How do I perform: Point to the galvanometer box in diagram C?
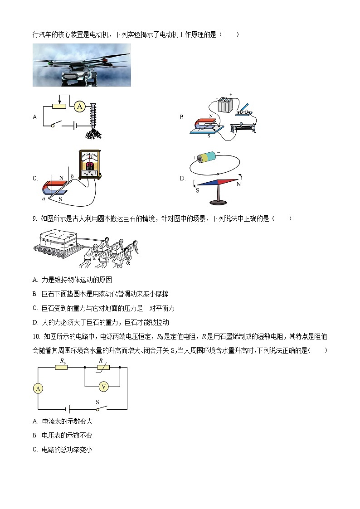click(90, 164)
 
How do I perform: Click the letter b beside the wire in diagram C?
click(71, 175)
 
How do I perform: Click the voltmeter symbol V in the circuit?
click(104, 386)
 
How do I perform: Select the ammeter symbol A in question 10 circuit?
click(38, 388)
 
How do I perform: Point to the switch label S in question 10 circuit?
click(97, 402)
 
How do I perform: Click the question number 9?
click(34, 219)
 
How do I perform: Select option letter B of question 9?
click(35, 294)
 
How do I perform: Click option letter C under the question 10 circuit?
click(35, 450)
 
